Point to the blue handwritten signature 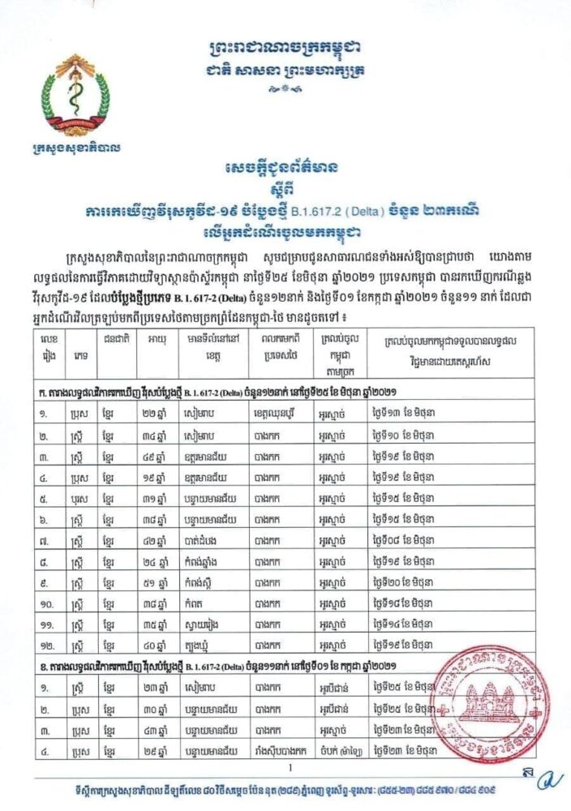coord(553,780)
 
